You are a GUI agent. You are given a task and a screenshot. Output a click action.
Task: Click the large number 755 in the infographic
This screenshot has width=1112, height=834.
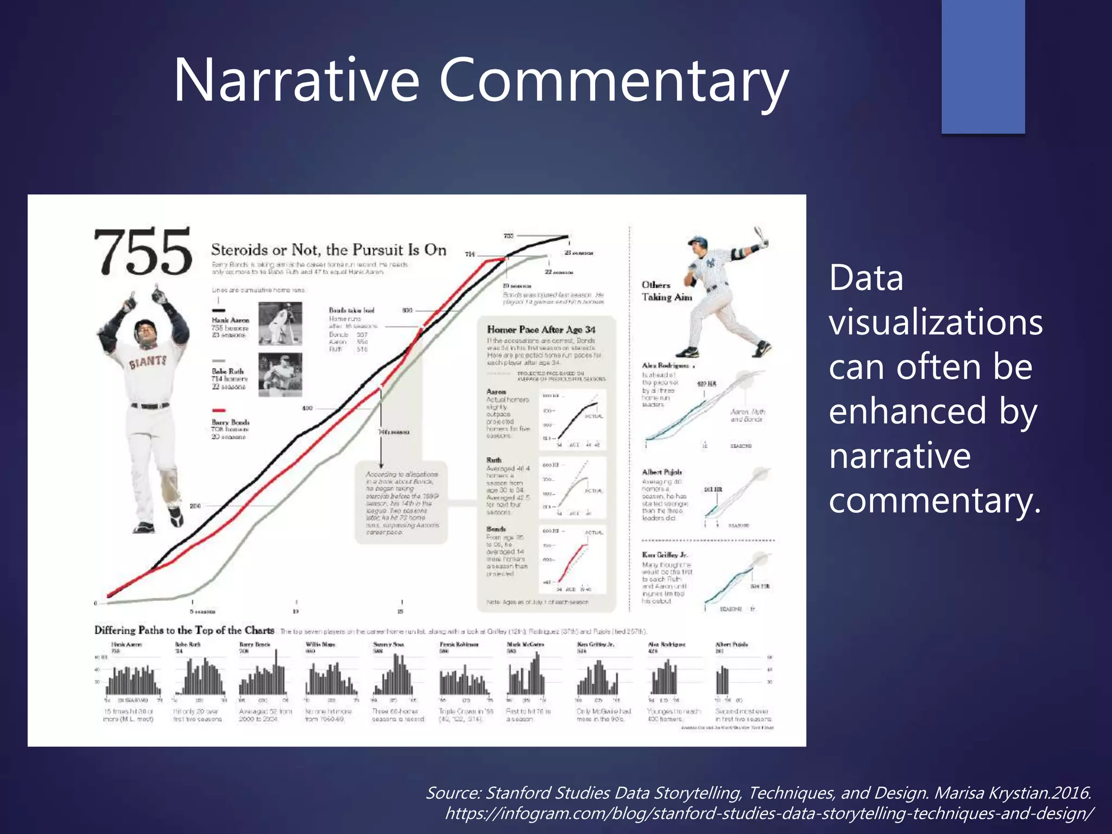pos(143,251)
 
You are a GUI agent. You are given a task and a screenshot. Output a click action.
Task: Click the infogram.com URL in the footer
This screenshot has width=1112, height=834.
pos(769,813)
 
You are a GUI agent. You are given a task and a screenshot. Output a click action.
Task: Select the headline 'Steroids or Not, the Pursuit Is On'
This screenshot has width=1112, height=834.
pos(328,250)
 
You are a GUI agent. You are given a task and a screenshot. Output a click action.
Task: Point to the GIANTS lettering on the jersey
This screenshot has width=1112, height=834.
pos(148,361)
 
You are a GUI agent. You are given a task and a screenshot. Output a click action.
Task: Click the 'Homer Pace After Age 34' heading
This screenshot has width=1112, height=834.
pos(541,330)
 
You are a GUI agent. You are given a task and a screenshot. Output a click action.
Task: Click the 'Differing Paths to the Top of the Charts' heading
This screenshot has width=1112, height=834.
pos(184,630)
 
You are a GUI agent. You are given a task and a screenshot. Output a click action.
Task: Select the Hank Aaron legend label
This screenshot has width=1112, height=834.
pos(230,320)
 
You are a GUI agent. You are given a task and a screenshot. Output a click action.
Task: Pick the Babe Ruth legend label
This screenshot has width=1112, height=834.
pos(228,371)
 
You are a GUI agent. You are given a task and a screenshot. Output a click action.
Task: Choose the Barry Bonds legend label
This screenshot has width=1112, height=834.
pos(230,422)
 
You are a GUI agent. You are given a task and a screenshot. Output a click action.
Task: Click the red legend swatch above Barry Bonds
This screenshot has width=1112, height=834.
pos(218,410)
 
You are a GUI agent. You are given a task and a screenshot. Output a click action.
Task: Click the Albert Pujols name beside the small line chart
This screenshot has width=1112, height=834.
pos(661,472)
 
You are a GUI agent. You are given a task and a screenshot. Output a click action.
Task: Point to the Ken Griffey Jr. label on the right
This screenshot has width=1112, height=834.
pos(665,555)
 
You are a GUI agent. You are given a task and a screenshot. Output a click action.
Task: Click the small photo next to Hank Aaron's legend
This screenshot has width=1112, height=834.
pos(280,324)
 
